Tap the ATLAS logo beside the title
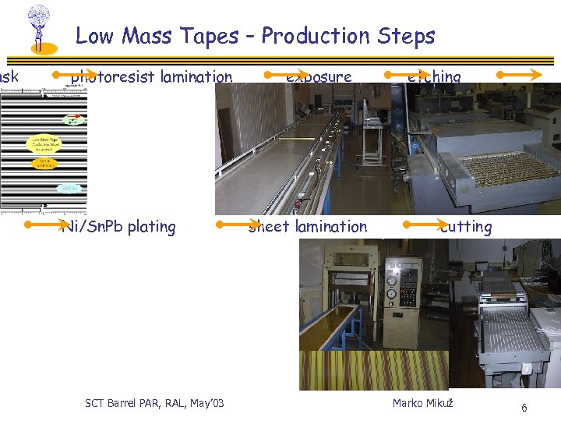point(39,29)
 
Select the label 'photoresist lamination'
point(151,76)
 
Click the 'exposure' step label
point(319,76)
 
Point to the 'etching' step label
point(434,76)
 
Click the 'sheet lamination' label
point(307,227)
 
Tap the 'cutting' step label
point(465,227)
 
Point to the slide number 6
point(524,408)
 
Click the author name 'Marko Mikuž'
point(423,402)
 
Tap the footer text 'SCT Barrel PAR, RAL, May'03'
point(154,402)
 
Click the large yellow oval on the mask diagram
point(44,143)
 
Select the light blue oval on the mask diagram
point(70,188)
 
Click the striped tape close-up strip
point(374,370)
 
